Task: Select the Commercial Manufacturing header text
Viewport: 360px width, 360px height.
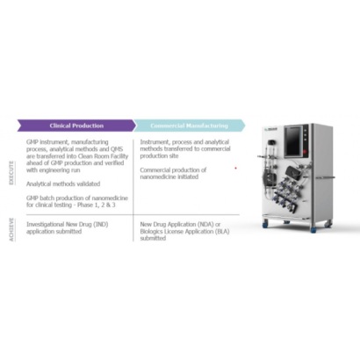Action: [x=188, y=126]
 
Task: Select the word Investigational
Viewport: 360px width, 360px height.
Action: [x=47, y=224]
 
